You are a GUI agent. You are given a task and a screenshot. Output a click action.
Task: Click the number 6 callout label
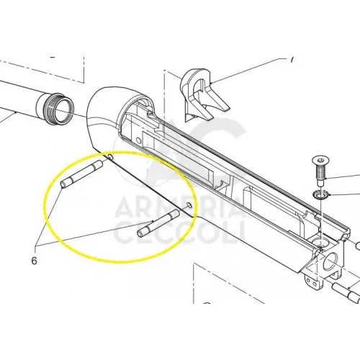click(x=35, y=261)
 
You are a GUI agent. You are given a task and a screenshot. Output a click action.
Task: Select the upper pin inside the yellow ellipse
click(x=81, y=174)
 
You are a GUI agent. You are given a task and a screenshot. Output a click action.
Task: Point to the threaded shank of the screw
click(x=320, y=174)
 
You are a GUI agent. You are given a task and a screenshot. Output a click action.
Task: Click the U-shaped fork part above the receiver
click(x=204, y=96)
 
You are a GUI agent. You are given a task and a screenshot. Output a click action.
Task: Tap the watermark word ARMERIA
click(x=179, y=206)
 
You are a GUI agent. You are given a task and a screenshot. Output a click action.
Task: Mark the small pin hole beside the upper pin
click(x=110, y=157)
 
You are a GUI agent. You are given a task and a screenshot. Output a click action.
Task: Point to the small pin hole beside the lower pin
click(x=189, y=205)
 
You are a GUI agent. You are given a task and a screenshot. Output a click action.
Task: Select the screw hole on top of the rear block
click(x=321, y=243)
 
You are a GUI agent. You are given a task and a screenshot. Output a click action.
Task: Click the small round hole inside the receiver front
click(x=138, y=140)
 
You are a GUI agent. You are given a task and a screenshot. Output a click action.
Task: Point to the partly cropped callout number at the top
click(x=292, y=60)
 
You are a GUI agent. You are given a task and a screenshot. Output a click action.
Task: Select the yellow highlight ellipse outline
click(x=44, y=207)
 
